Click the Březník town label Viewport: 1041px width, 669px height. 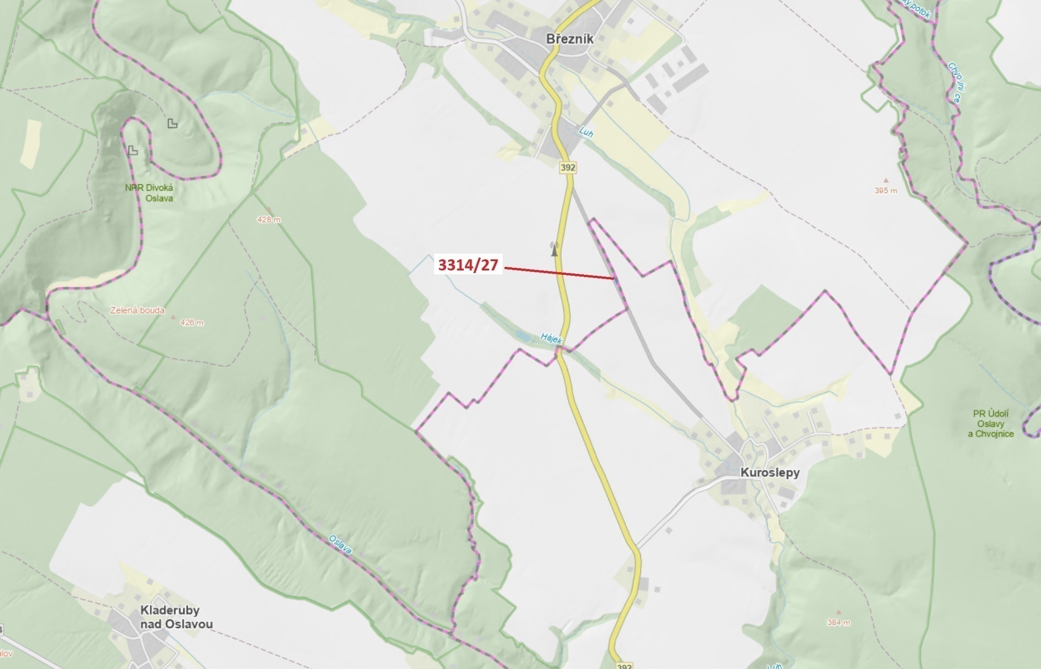(570, 39)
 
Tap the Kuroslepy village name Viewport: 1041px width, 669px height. (770, 472)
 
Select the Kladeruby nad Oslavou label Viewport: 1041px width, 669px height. (176, 617)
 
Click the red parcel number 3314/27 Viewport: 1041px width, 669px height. (468, 265)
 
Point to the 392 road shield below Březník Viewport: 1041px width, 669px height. (568, 167)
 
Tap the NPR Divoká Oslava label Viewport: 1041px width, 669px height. (149, 193)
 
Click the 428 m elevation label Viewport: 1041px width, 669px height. (269, 219)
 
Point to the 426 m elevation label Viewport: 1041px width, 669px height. (192, 323)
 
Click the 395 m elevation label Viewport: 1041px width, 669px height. (886, 190)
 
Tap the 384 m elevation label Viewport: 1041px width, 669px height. (838, 623)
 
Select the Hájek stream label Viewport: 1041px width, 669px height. (551, 339)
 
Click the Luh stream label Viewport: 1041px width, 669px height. (586, 132)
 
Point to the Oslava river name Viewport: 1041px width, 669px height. (340, 544)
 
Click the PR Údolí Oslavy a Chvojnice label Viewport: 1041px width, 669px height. (991, 424)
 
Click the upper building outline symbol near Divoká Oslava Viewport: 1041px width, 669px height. (172, 124)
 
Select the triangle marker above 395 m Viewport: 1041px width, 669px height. (886, 180)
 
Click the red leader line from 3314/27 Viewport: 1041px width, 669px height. (559, 273)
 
